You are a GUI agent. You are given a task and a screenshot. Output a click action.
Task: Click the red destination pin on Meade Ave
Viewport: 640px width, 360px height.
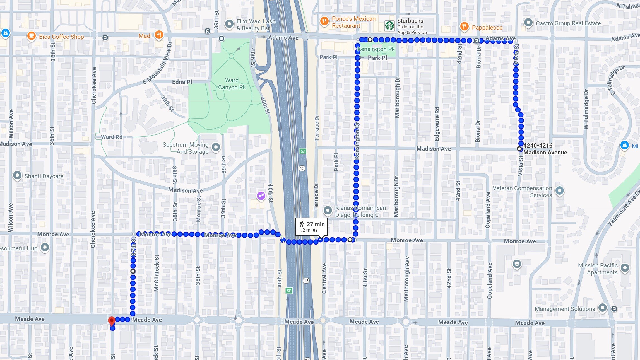point(112,321)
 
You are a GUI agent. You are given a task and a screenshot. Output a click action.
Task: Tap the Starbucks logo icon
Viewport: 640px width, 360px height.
point(389,26)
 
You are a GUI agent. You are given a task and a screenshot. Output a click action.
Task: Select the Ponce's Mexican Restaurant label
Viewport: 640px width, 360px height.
point(353,22)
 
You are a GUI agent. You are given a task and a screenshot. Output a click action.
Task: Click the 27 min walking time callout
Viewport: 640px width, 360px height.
point(311,226)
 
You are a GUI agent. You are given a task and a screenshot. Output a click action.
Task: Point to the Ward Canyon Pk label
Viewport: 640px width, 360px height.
point(232,84)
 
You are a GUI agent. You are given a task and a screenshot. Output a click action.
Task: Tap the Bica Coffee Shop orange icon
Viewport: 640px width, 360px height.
point(31,36)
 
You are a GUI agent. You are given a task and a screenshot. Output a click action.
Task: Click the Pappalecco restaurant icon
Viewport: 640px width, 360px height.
point(464,27)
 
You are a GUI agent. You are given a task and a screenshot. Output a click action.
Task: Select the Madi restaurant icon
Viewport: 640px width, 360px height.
point(159,35)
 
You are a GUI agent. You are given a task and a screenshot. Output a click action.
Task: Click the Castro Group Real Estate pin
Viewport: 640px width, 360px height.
point(528,23)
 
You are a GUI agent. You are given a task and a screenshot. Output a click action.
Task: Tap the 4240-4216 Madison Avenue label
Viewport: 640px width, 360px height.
point(545,149)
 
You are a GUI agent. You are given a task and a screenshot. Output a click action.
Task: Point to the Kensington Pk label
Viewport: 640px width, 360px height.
point(376,49)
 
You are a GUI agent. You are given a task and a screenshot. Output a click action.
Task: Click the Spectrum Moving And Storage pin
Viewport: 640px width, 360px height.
point(216,147)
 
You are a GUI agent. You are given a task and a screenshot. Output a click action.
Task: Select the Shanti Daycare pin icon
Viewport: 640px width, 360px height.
point(17,175)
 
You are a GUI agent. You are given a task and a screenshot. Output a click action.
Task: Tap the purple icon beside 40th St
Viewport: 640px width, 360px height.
point(261,196)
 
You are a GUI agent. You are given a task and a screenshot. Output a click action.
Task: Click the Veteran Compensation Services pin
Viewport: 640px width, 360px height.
point(559,191)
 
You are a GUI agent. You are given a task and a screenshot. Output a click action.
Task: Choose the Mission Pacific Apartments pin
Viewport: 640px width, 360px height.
point(625,268)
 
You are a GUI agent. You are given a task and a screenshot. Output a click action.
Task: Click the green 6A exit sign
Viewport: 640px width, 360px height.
point(303,151)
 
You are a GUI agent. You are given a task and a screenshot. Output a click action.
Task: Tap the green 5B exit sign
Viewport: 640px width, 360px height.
point(289,291)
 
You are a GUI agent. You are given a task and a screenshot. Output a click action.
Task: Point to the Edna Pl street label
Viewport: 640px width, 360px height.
point(182,82)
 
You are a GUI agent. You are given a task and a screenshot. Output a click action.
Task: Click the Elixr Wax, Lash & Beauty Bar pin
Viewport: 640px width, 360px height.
point(229,24)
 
